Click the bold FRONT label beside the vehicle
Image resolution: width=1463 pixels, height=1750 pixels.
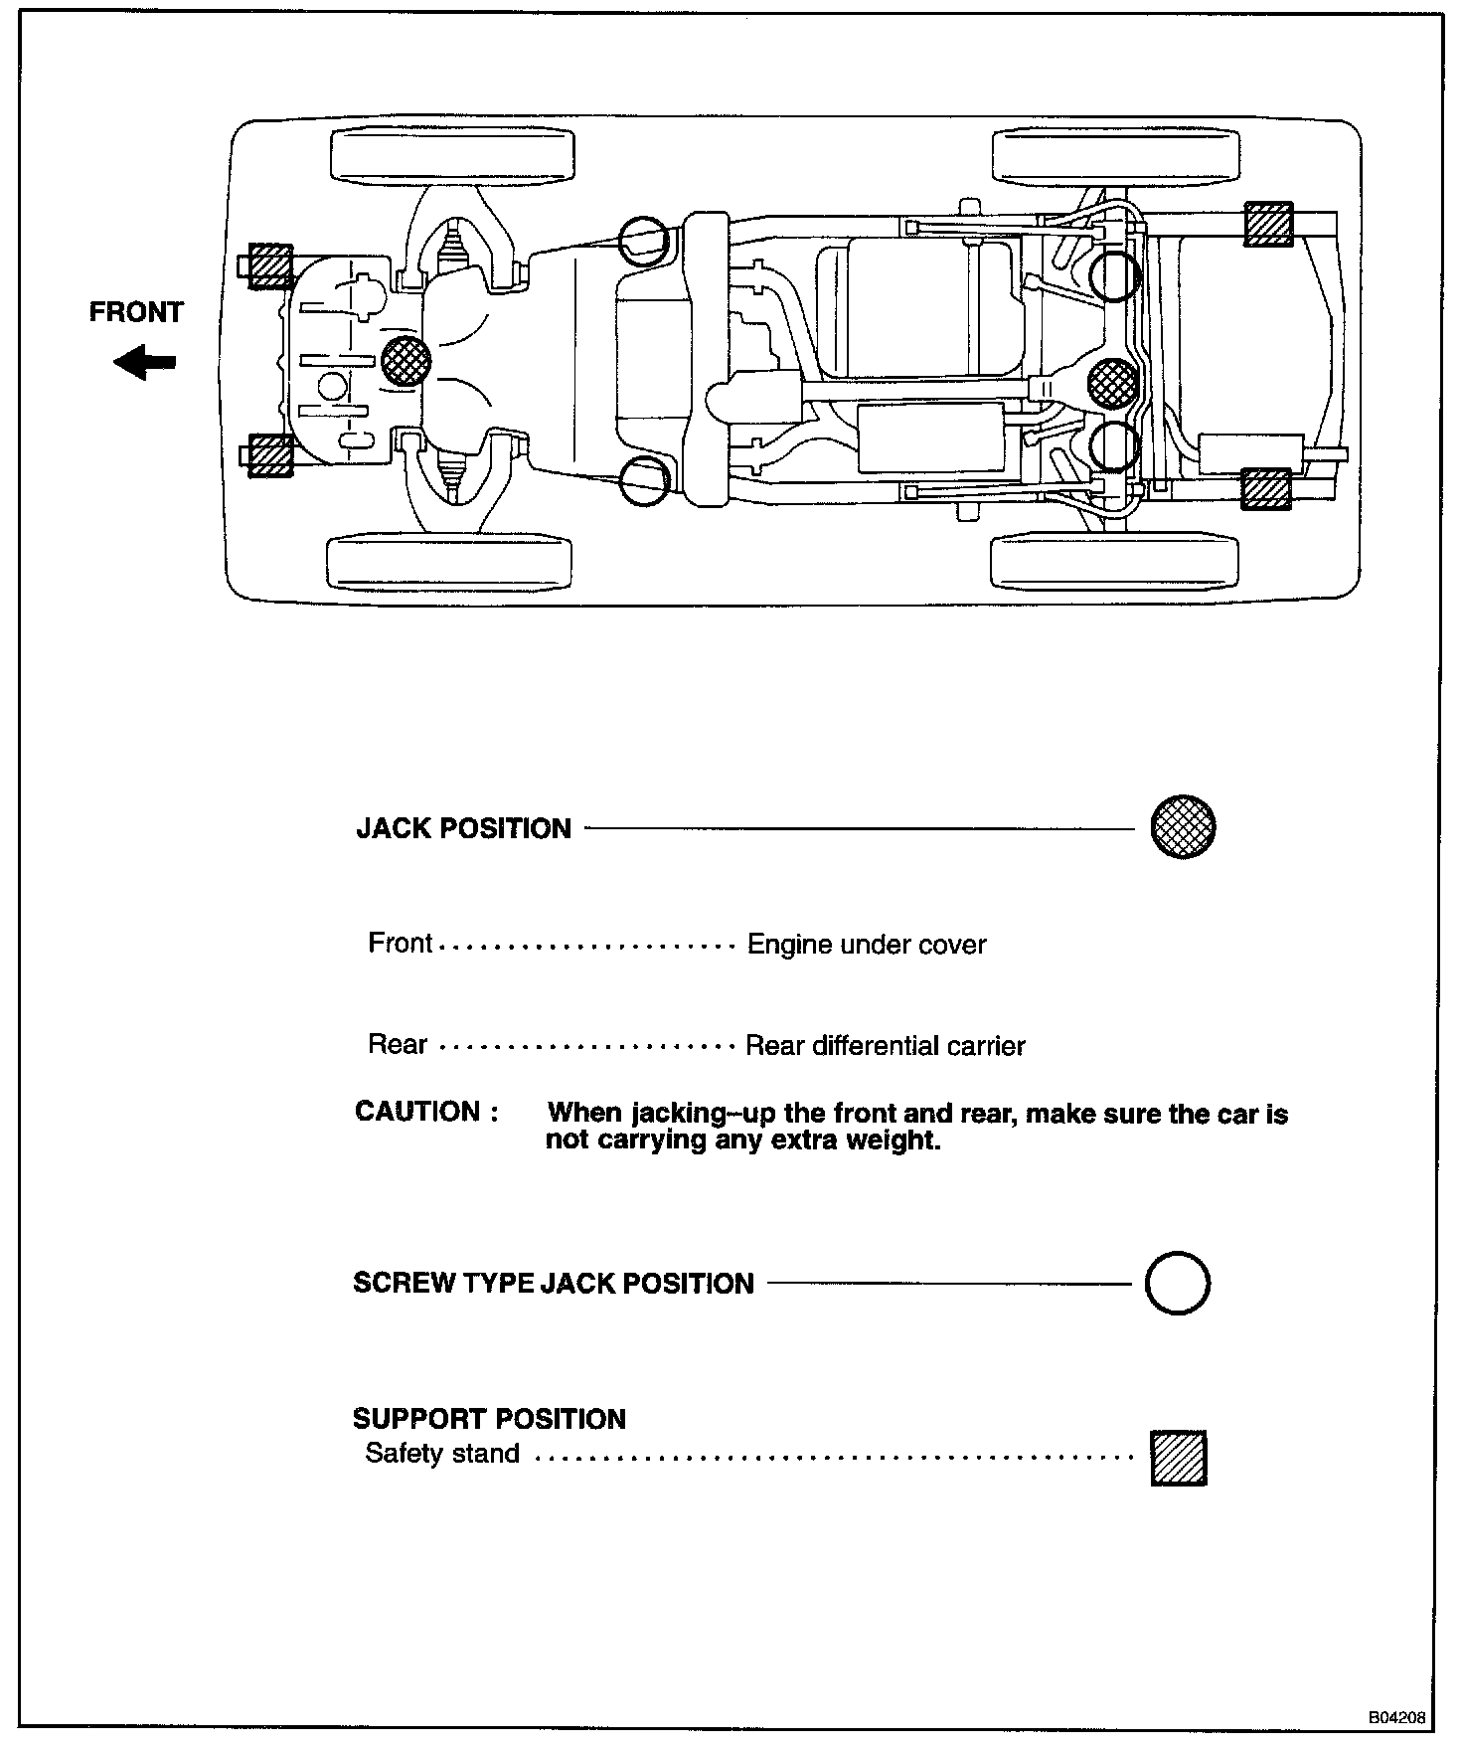pyautogui.click(x=136, y=312)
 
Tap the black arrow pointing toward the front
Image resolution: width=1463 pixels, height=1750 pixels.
pyautogui.click(x=144, y=362)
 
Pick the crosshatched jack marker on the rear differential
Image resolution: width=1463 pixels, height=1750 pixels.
pyautogui.click(x=1113, y=384)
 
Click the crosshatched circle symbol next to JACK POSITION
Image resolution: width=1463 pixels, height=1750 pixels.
pyautogui.click(x=1183, y=826)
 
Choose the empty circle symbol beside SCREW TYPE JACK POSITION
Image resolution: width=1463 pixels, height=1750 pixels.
pyautogui.click(x=1178, y=1283)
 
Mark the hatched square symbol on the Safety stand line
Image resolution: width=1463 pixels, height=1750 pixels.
pyautogui.click(x=1179, y=1458)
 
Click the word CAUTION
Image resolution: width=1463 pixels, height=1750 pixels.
pyautogui.click(x=417, y=1112)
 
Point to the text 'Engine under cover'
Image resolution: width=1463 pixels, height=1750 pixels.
pyautogui.click(x=867, y=945)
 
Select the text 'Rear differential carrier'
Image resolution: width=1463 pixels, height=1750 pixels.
pyautogui.click(x=886, y=1046)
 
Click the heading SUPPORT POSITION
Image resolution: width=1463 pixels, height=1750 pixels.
pyautogui.click(x=489, y=1419)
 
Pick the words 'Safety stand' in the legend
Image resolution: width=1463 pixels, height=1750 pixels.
pyautogui.click(x=442, y=1454)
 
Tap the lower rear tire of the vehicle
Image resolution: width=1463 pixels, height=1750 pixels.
pyautogui.click(x=1114, y=563)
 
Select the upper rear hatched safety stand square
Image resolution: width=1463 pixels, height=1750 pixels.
pyautogui.click(x=1269, y=224)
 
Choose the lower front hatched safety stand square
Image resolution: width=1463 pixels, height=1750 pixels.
pyautogui.click(x=269, y=455)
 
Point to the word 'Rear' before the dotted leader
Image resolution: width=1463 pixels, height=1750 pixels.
pyautogui.click(x=398, y=1045)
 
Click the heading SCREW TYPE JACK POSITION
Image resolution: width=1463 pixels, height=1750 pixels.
pyautogui.click(x=554, y=1284)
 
